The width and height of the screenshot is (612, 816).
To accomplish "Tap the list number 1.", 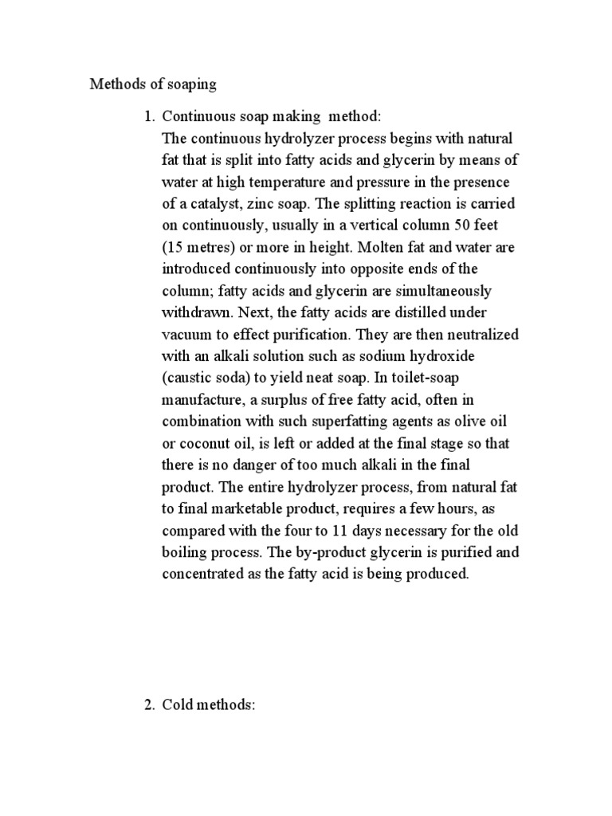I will pyautogui.click(x=147, y=117).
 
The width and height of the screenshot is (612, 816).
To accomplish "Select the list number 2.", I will pyautogui.click(x=147, y=704).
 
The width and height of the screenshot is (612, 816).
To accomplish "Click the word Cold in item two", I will pyautogui.click(x=178, y=704).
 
